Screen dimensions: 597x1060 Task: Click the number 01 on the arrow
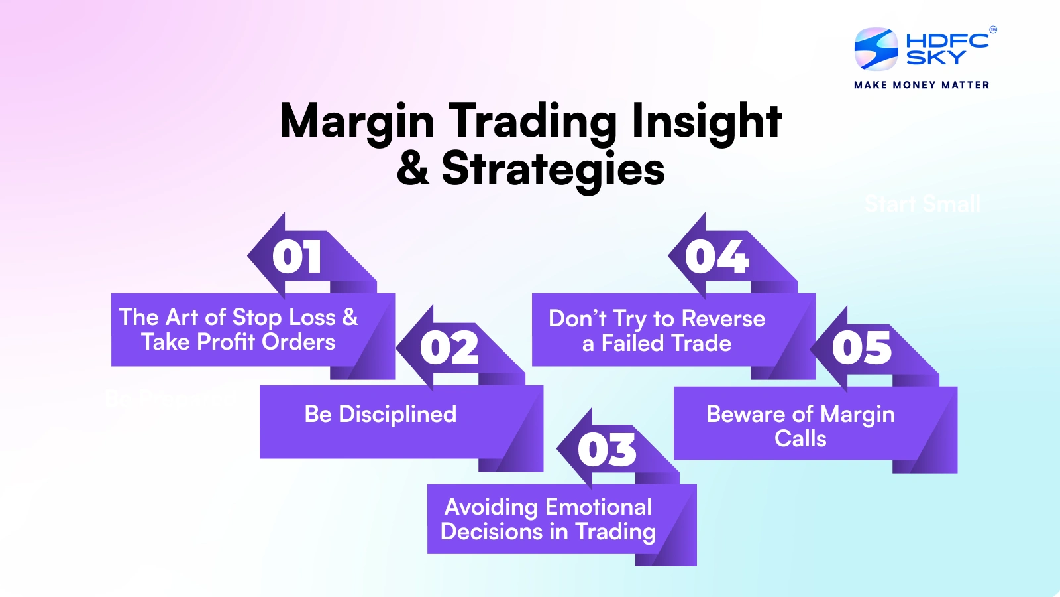coord(297,257)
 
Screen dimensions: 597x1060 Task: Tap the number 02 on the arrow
coord(449,348)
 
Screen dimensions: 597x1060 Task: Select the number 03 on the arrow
coord(607,450)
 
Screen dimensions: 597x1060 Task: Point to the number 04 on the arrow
coord(717,257)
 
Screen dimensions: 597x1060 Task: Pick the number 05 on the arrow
coord(862,348)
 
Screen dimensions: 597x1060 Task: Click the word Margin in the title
coord(357,122)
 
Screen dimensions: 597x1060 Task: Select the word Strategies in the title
coord(553,169)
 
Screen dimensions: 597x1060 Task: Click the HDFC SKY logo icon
coord(876,48)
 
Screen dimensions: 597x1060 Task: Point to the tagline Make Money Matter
coord(922,85)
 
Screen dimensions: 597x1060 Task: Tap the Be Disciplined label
coord(380,415)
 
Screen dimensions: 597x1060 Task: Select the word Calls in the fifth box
coord(800,439)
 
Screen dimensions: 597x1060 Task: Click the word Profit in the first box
coord(226,342)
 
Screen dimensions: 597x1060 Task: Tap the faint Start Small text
coord(922,204)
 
